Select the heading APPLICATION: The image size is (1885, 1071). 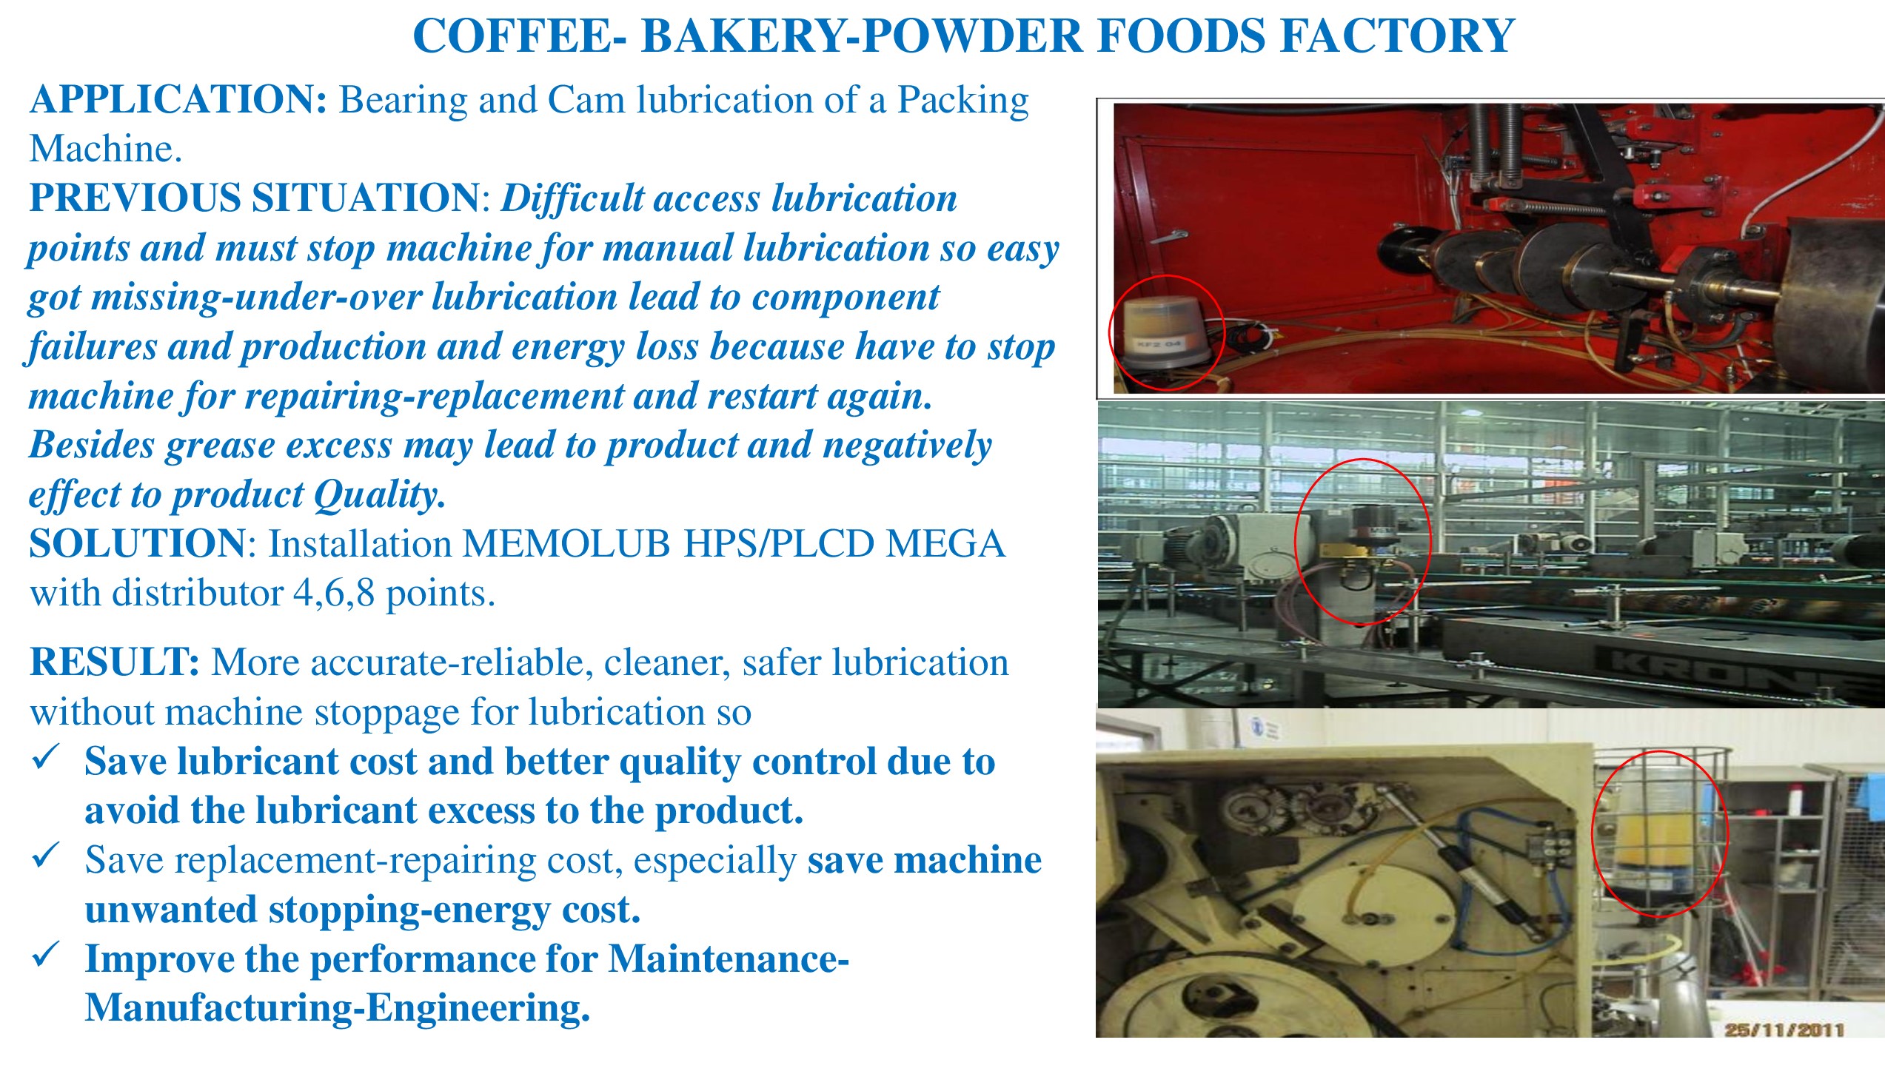click(178, 100)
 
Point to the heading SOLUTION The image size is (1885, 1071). click(137, 544)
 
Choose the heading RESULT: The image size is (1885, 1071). click(115, 662)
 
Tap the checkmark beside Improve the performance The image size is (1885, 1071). click(46, 955)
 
